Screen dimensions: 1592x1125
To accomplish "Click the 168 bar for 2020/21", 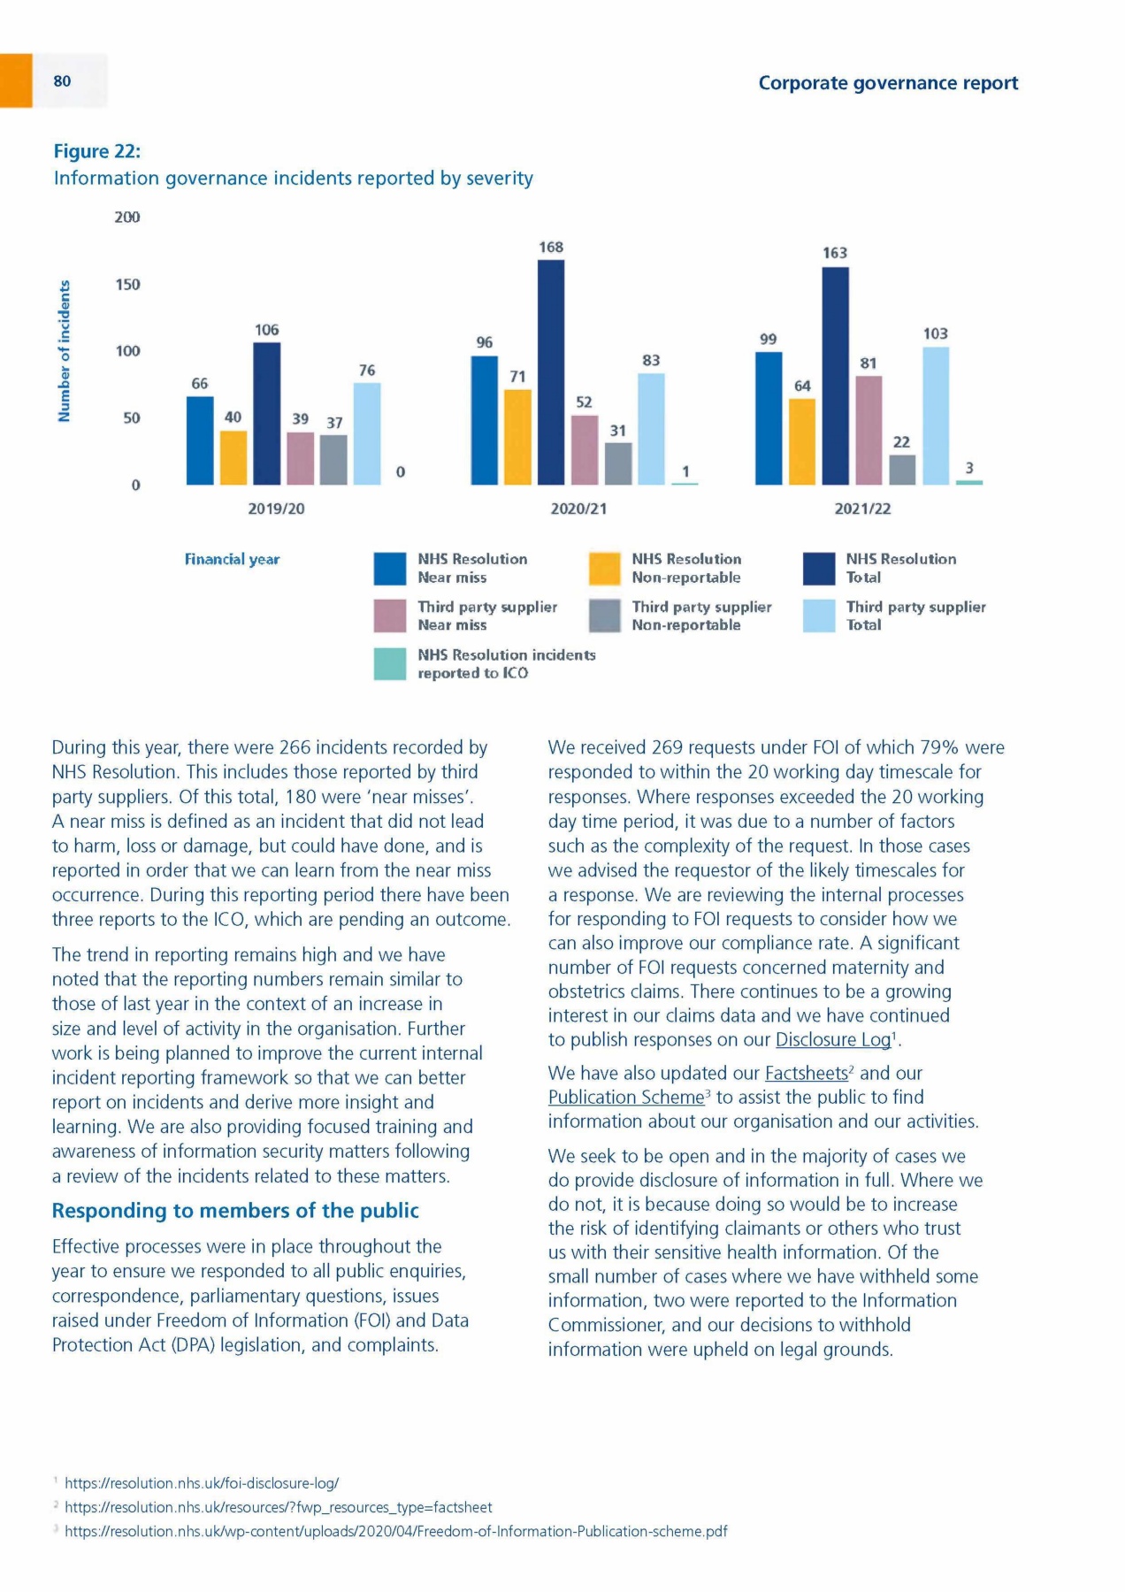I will pyautogui.click(x=551, y=372).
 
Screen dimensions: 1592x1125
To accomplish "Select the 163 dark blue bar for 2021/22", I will pyautogui.click(x=835, y=376).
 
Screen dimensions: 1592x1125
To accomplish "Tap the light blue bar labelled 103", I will pyautogui.click(x=936, y=416).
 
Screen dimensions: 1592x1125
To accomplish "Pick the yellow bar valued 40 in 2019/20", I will pyautogui.click(x=233, y=457).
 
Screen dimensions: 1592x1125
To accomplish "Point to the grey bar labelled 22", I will pyautogui.click(x=902, y=470).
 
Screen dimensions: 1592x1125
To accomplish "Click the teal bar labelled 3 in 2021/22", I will pyautogui.click(x=969, y=482).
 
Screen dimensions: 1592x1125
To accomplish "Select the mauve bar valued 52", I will pyautogui.click(x=585, y=449).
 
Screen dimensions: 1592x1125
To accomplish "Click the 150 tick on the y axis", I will pyautogui.click(x=127, y=285).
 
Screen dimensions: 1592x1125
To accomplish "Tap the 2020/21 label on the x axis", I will pyautogui.click(x=578, y=509).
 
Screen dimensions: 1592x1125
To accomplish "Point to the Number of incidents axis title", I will pyautogui.click(x=64, y=351).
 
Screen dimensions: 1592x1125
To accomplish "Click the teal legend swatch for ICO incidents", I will pyautogui.click(x=390, y=664).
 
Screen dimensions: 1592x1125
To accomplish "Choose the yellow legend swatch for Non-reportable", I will pyautogui.click(x=605, y=569).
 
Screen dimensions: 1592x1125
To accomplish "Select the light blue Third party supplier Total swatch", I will pyautogui.click(x=819, y=616).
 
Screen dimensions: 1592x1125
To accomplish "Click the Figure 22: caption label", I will pyautogui.click(x=97, y=151).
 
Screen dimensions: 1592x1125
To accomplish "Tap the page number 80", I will pyautogui.click(x=62, y=81).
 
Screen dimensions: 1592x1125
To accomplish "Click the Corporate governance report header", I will pyautogui.click(x=888, y=83).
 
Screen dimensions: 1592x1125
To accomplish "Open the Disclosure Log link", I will pyautogui.click(x=832, y=1040).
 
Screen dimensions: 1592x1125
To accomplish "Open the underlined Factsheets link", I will pyautogui.click(x=806, y=1074).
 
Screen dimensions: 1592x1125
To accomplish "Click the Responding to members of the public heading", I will pyautogui.click(x=235, y=1211).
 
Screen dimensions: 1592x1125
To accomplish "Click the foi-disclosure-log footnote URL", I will pyautogui.click(x=202, y=1483).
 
